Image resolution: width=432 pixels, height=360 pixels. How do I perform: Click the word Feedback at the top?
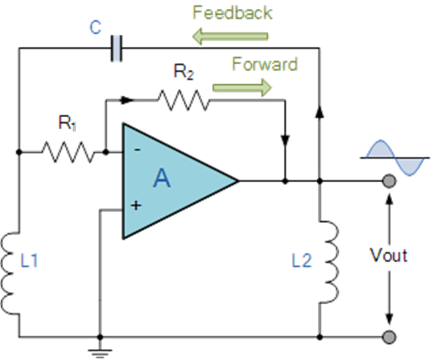pyautogui.click(x=231, y=12)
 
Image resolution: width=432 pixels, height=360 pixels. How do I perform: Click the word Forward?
pyautogui.click(x=264, y=63)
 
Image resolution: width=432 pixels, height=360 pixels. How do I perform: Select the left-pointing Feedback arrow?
pyautogui.click(x=229, y=36)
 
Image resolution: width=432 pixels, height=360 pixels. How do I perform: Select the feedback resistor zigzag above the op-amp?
pyautogui.click(x=184, y=101)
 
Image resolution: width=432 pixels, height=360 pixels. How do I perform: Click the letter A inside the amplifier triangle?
pyautogui.click(x=162, y=180)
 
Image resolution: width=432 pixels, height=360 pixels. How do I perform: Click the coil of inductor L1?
pyautogui.click(x=11, y=272)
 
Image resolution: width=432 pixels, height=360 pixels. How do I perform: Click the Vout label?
pyautogui.click(x=387, y=255)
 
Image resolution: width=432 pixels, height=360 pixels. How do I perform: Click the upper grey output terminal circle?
pyautogui.click(x=390, y=181)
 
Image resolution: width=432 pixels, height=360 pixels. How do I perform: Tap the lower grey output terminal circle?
pyautogui.click(x=390, y=336)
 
